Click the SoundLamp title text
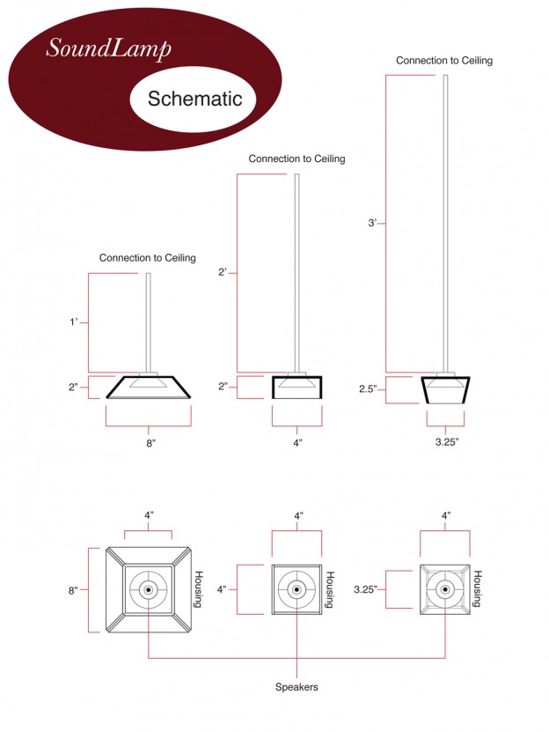[108, 48]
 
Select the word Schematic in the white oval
[194, 98]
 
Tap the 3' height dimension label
[373, 223]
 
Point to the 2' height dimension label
[223, 272]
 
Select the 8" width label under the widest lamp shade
[150, 443]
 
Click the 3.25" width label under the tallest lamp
[445, 440]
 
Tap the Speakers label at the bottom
[297, 686]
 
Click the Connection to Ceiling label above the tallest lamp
[443, 61]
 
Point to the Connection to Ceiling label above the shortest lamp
[147, 258]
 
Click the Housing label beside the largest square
[198, 588]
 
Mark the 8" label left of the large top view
[74, 589]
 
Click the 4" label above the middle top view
[297, 515]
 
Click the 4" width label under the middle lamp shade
[297, 443]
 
